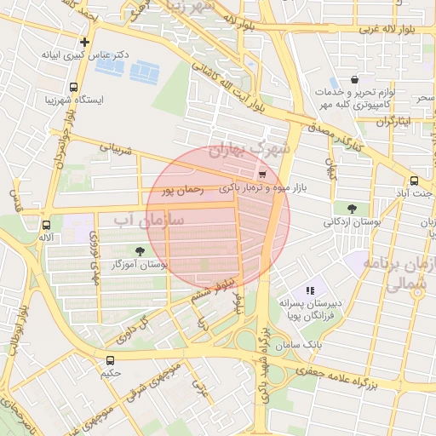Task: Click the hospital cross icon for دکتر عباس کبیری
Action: tap(84, 42)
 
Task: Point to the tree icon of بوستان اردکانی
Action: tap(352, 208)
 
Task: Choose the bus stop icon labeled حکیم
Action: tap(111, 360)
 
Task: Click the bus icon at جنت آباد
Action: tap(414, 181)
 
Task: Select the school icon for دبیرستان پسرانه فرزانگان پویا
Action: tap(309, 290)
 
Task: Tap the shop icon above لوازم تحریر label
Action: tap(353, 79)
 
